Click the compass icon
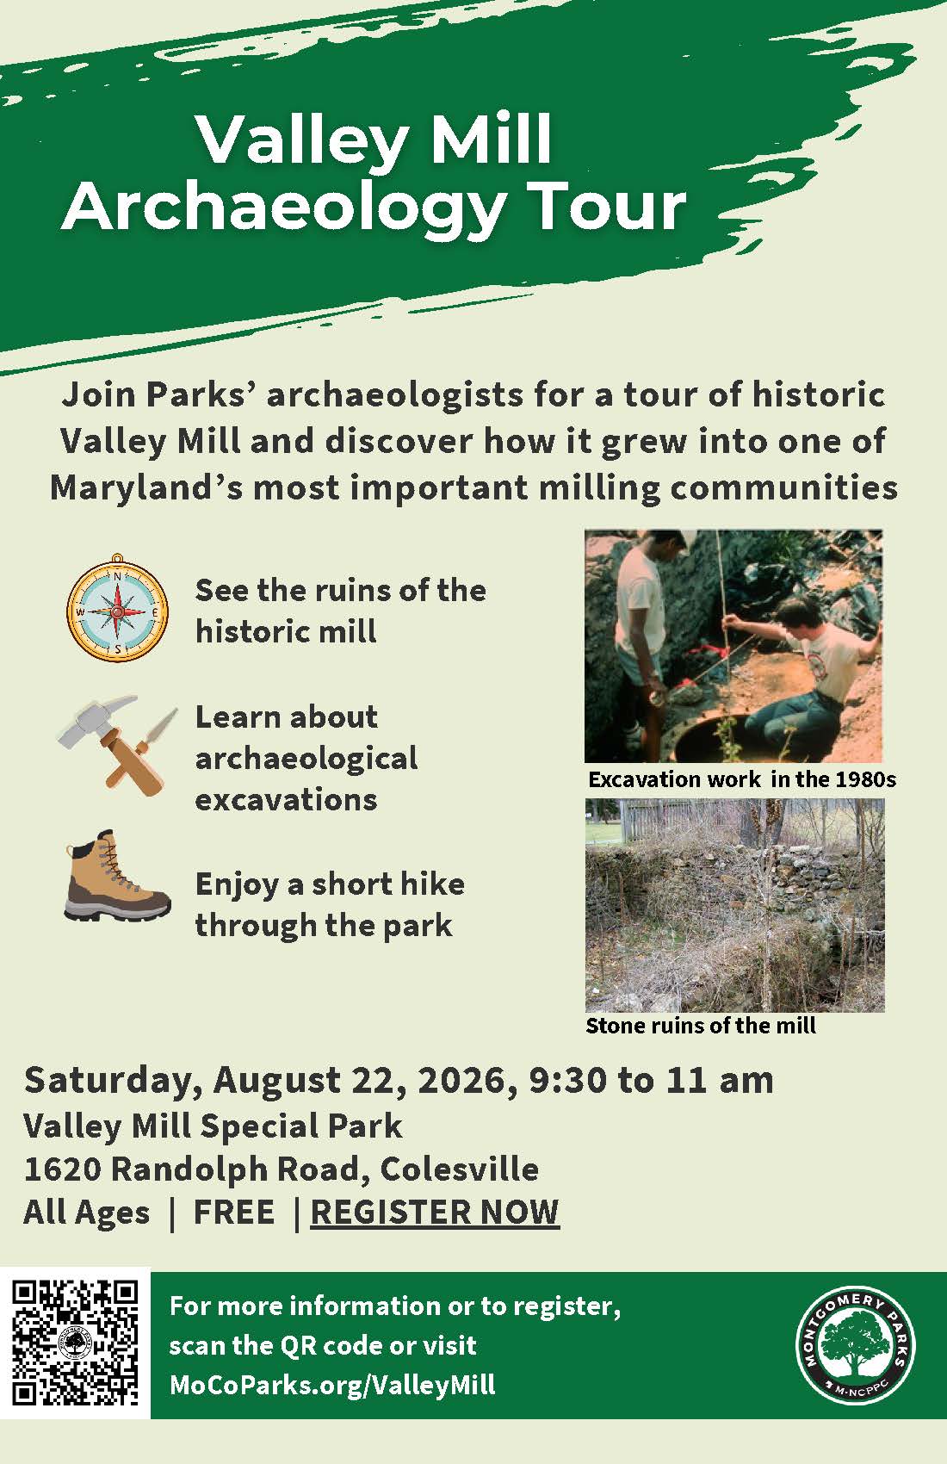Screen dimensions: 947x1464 117,608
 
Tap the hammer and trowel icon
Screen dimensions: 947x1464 118,745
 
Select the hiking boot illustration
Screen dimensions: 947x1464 118,876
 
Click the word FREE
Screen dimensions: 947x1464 234,1213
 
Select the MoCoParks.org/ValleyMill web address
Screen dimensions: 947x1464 332,1384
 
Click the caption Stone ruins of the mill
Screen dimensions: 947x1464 701,1026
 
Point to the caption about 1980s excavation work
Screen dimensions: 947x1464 742,779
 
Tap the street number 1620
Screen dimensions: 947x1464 62,1169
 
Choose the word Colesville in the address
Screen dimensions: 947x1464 460,1169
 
